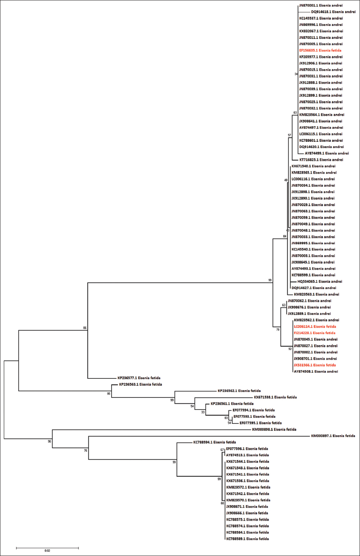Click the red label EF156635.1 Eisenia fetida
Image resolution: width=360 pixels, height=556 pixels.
[320, 51]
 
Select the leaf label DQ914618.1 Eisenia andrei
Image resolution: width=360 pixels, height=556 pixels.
[333, 12]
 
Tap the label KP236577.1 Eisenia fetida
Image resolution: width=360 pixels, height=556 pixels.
[139, 378]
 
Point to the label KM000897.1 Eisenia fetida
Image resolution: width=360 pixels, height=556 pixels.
[333, 436]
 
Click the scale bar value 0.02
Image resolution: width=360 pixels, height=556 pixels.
[47, 551]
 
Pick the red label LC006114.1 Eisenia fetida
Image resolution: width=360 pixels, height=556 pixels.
[315, 327]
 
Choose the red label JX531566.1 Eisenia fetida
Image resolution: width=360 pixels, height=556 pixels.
[315, 365]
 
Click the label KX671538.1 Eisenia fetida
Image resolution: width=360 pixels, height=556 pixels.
[275, 397]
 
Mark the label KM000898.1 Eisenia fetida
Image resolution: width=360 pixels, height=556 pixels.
[274, 430]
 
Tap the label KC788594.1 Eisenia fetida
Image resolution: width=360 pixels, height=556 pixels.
[215, 443]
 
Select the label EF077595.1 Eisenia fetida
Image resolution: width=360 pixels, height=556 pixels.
[260, 423]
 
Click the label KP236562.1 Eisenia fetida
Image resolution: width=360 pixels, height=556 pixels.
[239, 391]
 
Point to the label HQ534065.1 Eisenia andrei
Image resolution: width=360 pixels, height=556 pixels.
[320, 282]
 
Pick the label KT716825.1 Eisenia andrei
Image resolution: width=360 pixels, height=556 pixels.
[321, 160]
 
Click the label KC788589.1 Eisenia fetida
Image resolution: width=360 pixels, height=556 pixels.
[248, 539]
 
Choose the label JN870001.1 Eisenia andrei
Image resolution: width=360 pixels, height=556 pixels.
[321, 6]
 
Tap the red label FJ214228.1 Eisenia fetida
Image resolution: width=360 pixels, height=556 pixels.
[315, 333]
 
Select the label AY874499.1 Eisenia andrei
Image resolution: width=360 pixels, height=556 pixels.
[327, 153]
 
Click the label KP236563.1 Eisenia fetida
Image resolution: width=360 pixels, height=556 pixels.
[140, 385]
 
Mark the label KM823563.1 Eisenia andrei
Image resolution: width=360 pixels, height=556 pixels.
[316, 295]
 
